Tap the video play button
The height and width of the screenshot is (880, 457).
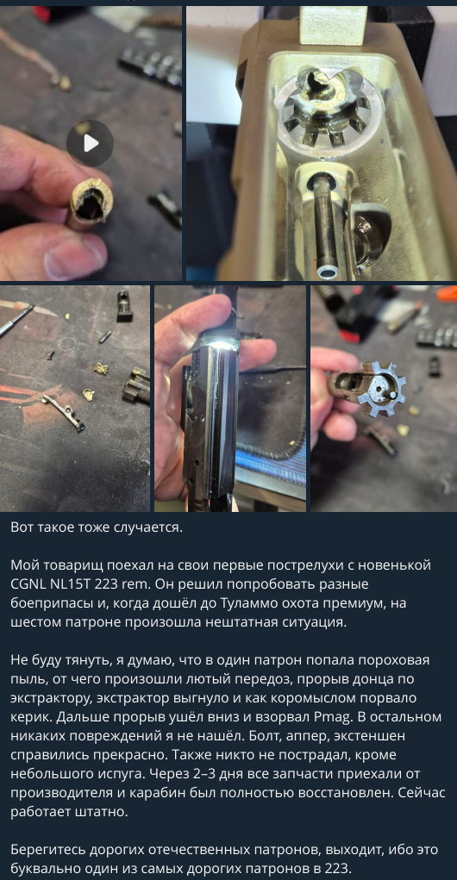click(x=90, y=143)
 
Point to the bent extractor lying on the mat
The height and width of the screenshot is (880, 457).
click(x=63, y=411)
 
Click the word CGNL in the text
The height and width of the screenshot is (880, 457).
click(x=28, y=584)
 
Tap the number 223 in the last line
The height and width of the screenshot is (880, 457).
click(x=338, y=870)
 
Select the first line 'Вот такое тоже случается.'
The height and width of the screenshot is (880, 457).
click(x=97, y=527)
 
